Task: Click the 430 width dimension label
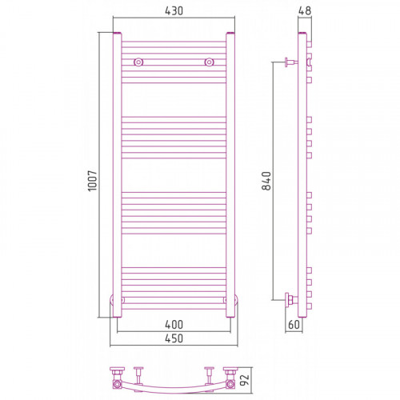point(174,11)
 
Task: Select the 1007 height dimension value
point(93,181)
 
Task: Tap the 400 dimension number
point(174,325)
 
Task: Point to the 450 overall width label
point(174,338)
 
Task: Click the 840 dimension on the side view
point(266,181)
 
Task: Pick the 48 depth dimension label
point(305,10)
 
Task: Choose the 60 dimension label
point(294,325)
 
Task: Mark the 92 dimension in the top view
point(245,380)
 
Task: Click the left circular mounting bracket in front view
point(138,62)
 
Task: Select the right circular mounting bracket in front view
point(210,62)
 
